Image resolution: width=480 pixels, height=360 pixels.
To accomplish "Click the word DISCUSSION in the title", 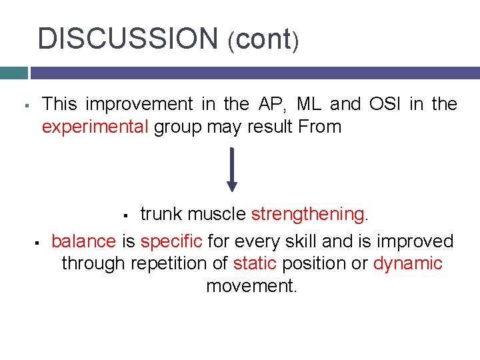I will coord(127,39).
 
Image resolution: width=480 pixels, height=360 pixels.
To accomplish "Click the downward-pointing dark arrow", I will coord(231,169).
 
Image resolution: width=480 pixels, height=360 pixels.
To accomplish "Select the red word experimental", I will coord(95,127).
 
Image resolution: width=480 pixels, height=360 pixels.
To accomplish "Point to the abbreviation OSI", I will coord(388,104).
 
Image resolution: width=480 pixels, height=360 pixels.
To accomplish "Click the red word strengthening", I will coord(307,214).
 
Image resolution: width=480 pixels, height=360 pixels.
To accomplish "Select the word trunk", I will coord(161,214).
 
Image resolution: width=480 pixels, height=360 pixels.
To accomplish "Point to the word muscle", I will coord(217,214).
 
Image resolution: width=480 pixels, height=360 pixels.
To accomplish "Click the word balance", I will coord(84,241).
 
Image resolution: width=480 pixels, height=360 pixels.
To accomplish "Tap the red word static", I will coord(255,263).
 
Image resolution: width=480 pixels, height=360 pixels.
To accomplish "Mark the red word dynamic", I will coord(407,263).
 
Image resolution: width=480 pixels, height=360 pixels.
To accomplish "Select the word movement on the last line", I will coord(251,286).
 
